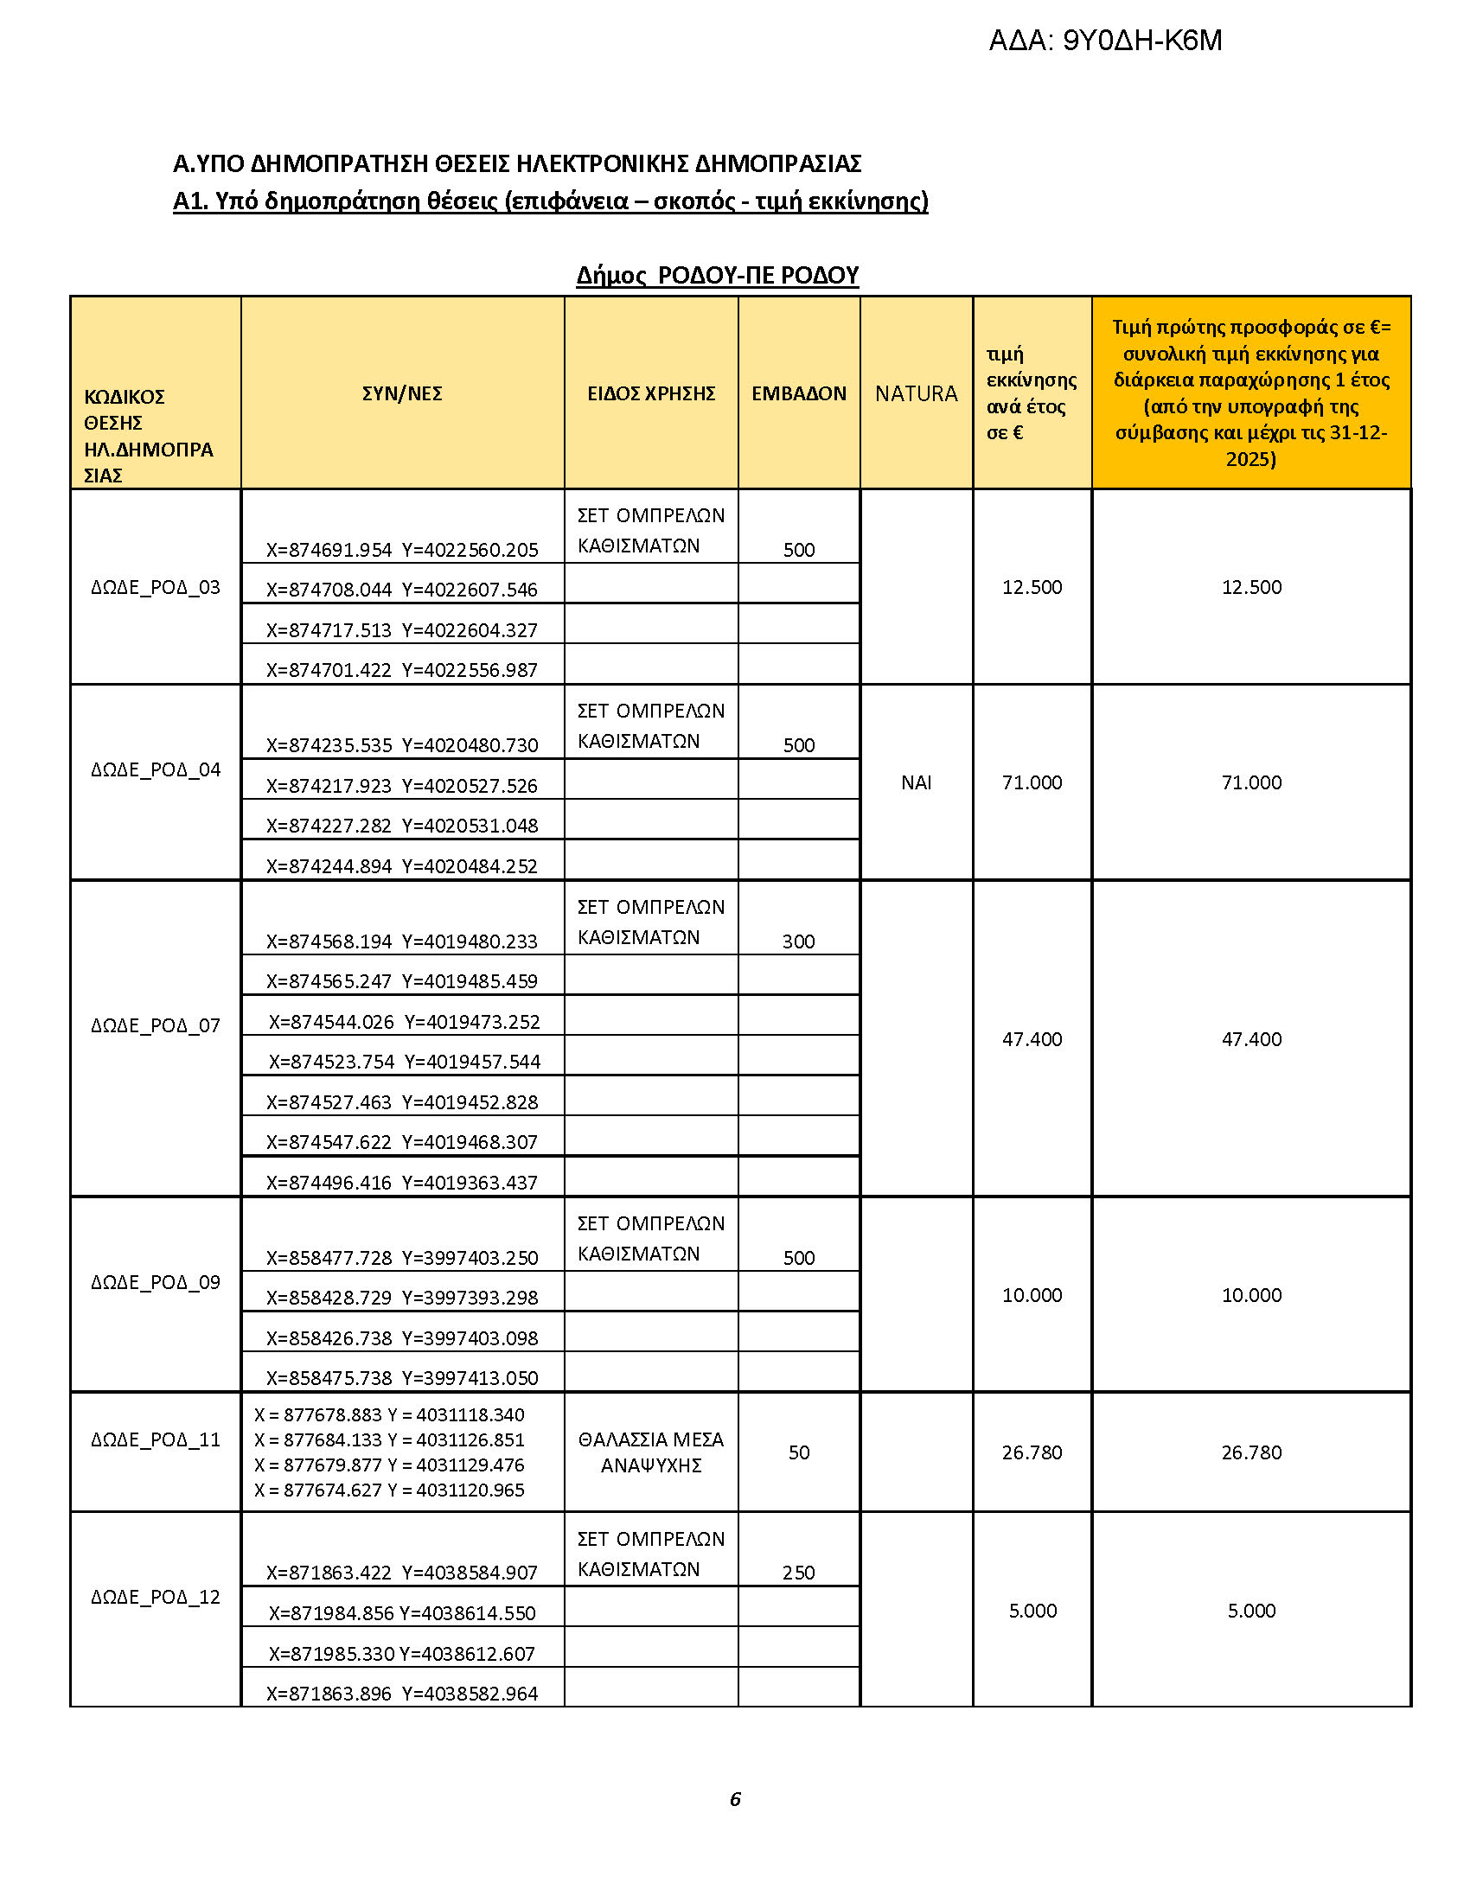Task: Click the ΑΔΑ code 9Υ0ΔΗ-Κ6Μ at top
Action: tap(1104, 41)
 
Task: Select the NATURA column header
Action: tap(916, 393)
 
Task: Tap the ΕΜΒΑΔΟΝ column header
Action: tap(799, 393)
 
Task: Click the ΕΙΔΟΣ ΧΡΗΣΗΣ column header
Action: tap(650, 393)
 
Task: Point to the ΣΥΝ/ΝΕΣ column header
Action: tap(402, 393)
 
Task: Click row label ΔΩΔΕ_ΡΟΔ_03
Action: tap(156, 587)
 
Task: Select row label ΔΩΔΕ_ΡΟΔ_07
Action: tap(156, 1025)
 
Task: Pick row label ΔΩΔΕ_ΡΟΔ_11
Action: tap(156, 1439)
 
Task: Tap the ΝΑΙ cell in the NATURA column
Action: tap(916, 782)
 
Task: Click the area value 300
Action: tap(799, 941)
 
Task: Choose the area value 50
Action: tap(799, 1452)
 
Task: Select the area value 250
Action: tap(799, 1572)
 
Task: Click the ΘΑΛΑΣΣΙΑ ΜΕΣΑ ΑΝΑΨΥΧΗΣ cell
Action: tap(650, 1452)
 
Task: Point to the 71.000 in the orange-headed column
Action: tap(1251, 782)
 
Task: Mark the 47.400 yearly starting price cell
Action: tap(1032, 1039)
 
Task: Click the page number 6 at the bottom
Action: tap(735, 1799)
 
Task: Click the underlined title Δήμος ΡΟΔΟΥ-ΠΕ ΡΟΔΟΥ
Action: tap(718, 275)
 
